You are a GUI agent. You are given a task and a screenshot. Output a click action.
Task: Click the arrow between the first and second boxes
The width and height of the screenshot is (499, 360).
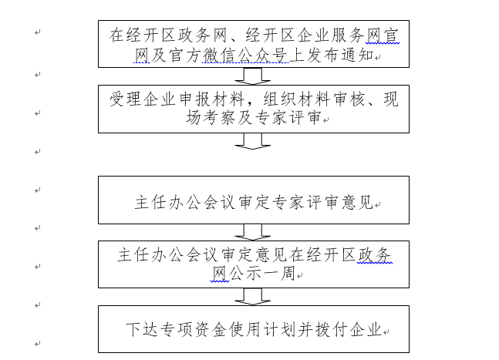(253, 76)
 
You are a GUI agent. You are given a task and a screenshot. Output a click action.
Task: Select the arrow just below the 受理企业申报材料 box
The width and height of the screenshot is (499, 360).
(253, 141)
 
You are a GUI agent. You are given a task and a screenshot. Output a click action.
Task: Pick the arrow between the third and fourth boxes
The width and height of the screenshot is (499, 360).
(253, 231)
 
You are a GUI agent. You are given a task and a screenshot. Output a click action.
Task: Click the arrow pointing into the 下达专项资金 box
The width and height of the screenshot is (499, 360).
(253, 297)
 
